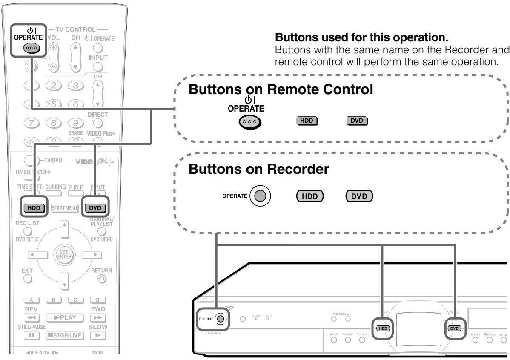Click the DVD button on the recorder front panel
tap(454, 328)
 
